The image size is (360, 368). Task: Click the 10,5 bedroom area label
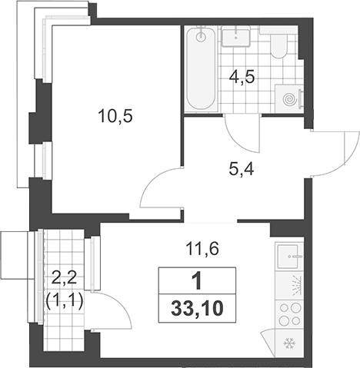pyautogui.click(x=115, y=117)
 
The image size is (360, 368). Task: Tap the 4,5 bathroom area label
pyautogui.click(x=242, y=77)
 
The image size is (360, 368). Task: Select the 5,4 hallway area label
pyautogui.click(x=242, y=169)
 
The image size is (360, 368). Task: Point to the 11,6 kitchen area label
pyautogui.click(x=202, y=249)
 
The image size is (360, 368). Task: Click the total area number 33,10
pyautogui.click(x=197, y=308)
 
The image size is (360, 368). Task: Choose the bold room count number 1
pyautogui.click(x=198, y=282)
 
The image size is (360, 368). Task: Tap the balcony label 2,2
pyautogui.click(x=64, y=277)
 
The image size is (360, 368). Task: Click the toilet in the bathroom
pyautogui.click(x=278, y=45)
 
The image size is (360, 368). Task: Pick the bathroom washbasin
pyautogui.click(x=236, y=38)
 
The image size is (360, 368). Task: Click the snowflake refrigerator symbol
pyautogui.click(x=290, y=343)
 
